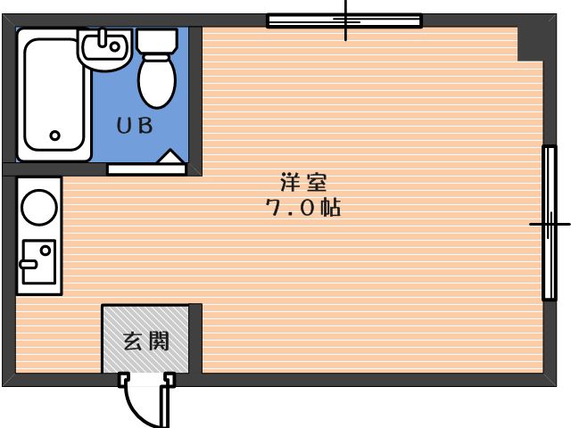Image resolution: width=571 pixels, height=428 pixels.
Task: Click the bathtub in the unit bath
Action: click(x=54, y=94)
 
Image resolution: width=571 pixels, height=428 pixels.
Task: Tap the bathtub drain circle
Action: click(x=54, y=136)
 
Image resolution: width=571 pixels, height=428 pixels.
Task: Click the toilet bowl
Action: click(x=157, y=81)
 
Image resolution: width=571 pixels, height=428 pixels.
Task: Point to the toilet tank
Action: click(x=158, y=40)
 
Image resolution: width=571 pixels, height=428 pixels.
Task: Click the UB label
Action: click(x=135, y=126)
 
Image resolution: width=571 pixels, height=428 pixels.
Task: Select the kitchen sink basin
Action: click(x=38, y=259)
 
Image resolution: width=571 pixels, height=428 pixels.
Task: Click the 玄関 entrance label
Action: click(x=145, y=340)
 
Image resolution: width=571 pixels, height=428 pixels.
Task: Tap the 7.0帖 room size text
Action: click(x=303, y=210)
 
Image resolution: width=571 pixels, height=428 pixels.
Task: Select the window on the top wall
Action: click(x=344, y=20)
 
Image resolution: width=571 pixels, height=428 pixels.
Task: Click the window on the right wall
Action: click(x=549, y=223)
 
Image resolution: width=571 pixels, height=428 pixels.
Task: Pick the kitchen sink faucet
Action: click(x=29, y=263)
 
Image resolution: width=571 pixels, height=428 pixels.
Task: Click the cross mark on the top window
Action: click(x=346, y=20)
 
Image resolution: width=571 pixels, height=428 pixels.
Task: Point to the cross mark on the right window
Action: click(x=549, y=223)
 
